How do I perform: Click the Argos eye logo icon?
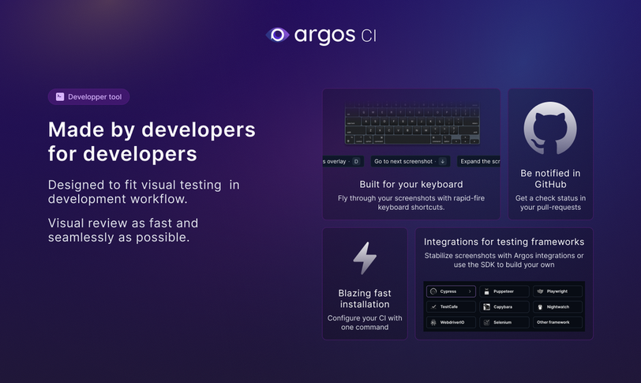[x=278, y=35]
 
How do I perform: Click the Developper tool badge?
[x=88, y=96]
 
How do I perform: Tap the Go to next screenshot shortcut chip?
[x=410, y=161]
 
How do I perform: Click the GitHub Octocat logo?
[x=550, y=128]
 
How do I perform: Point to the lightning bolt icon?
[x=365, y=258]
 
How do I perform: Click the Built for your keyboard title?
[x=411, y=184]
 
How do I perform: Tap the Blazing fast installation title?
[x=365, y=299]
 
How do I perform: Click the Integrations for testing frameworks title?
[x=504, y=242]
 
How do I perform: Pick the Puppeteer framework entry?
[x=504, y=291]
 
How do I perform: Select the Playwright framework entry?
[x=557, y=291]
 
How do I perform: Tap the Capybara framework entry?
[x=504, y=306]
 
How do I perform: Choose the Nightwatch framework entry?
[x=557, y=306]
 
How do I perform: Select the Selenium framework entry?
[x=504, y=322]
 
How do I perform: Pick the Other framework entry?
[x=557, y=322]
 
